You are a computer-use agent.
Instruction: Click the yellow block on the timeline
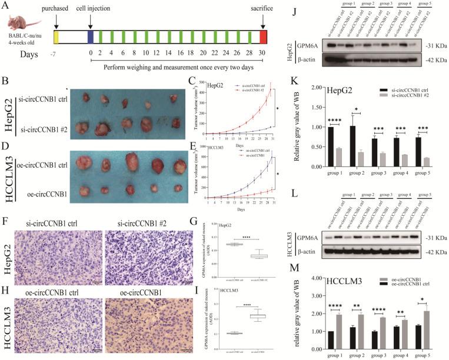(56, 38)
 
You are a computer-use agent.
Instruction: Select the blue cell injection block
(90, 38)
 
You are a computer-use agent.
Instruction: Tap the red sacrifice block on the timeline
(263, 38)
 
